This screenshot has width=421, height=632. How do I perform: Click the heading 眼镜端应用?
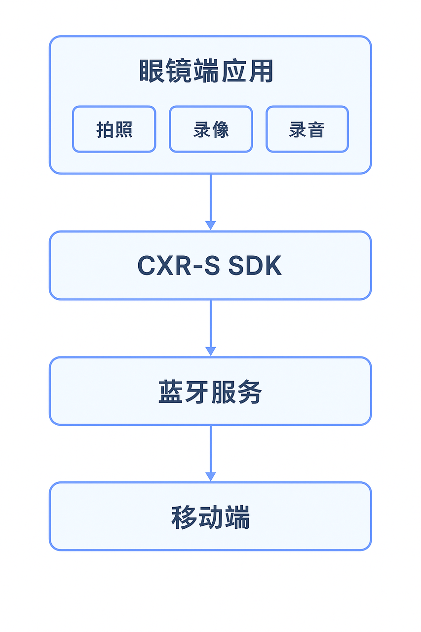click(206, 72)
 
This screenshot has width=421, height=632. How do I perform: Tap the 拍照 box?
click(114, 129)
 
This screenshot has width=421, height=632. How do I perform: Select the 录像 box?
click(211, 129)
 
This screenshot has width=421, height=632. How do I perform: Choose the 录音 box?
click(307, 129)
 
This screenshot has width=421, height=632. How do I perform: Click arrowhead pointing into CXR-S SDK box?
click(211, 225)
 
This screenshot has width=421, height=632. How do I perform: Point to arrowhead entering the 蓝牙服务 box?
click(211, 351)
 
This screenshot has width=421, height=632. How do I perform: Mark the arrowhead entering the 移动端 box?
click(211, 476)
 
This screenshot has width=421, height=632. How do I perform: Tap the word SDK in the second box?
click(255, 266)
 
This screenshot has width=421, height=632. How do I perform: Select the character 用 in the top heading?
click(262, 72)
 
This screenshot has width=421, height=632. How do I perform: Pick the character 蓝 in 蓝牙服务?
click(170, 393)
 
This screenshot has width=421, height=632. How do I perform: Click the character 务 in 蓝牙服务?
click(250, 393)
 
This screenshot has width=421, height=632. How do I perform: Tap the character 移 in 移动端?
click(184, 517)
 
